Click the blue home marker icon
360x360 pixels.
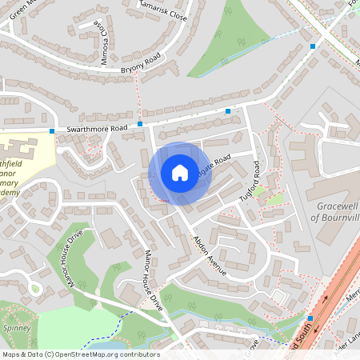pos(179,173)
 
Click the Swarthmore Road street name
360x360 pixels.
pos(97,128)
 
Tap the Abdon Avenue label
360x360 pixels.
pos(210,256)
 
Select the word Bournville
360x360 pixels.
pos(341,216)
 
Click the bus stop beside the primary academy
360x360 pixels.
pos(52,130)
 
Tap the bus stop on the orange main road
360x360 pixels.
pos(310,318)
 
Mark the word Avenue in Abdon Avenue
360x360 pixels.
pos(217,263)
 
